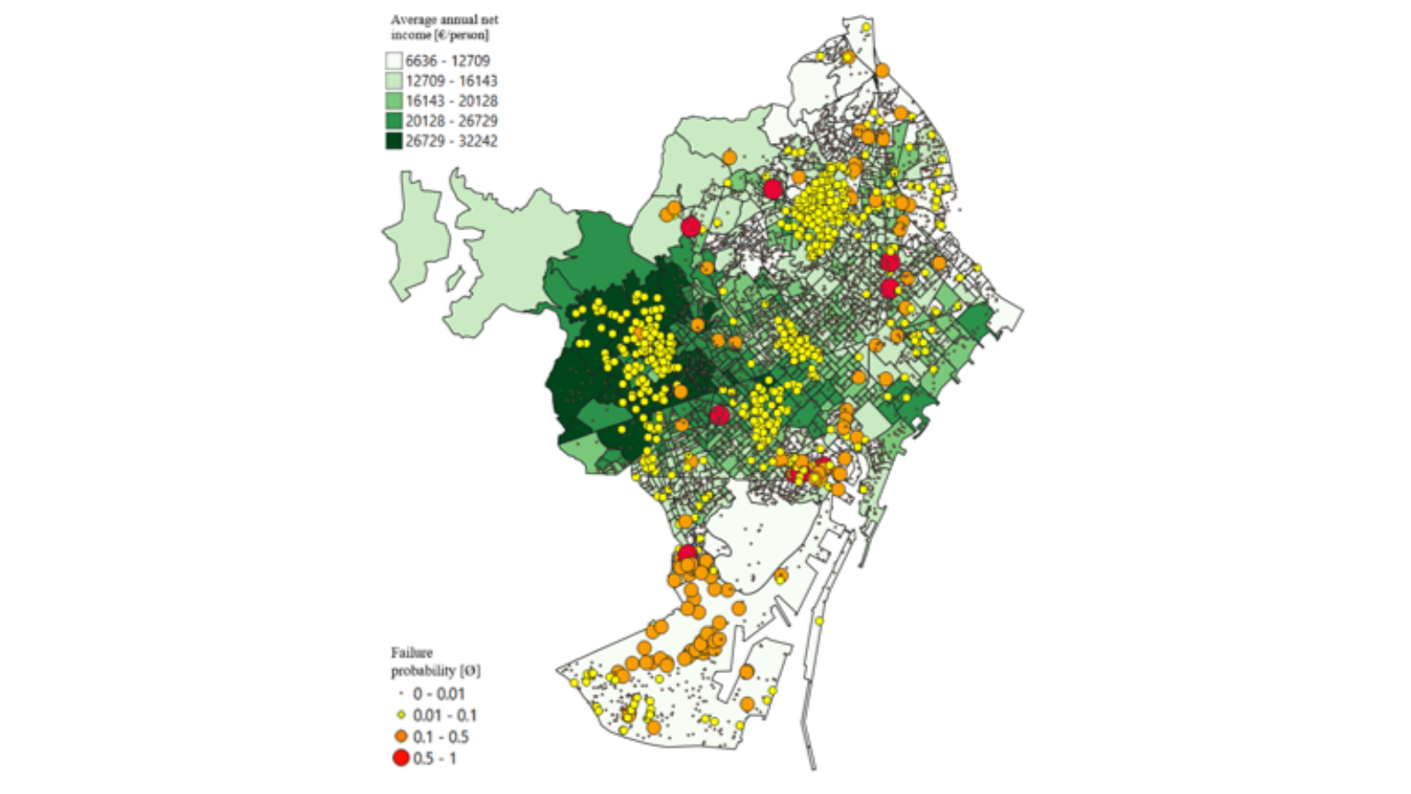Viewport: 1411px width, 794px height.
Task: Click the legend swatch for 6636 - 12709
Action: pyautogui.click(x=393, y=61)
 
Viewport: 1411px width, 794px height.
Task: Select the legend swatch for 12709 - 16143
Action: pyautogui.click(x=393, y=81)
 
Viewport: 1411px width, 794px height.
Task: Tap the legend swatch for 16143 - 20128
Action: pyautogui.click(x=393, y=101)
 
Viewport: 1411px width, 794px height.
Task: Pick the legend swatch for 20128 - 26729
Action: pyautogui.click(x=393, y=121)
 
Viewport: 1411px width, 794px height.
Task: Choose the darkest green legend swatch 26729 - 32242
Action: pyautogui.click(x=393, y=141)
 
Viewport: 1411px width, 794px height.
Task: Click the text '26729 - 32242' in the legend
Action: pyautogui.click(x=451, y=141)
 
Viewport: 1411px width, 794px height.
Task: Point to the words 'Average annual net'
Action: pyautogui.click(x=444, y=19)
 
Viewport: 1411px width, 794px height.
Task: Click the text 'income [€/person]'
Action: pyautogui.click(x=439, y=35)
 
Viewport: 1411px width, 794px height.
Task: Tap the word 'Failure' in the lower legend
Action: pyautogui.click(x=412, y=653)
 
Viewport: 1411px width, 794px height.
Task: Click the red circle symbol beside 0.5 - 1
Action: pyautogui.click(x=401, y=758)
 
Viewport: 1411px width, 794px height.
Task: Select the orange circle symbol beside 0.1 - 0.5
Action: pyautogui.click(x=401, y=737)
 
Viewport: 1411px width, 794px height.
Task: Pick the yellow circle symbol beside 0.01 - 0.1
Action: pyautogui.click(x=401, y=715)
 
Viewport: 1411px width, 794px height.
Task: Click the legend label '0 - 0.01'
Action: pyautogui.click(x=438, y=694)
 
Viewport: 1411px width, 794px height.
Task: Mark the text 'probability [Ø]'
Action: pyautogui.click(x=436, y=670)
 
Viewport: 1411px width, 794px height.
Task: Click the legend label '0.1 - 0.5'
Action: pyautogui.click(x=440, y=737)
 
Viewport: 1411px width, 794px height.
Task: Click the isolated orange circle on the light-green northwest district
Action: pyautogui.click(x=729, y=157)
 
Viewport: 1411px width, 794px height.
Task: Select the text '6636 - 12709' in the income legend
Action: pyautogui.click(x=447, y=61)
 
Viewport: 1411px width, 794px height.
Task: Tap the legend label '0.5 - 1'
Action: pyautogui.click(x=434, y=758)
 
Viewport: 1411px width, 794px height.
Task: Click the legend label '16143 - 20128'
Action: pyautogui.click(x=451, y=101)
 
